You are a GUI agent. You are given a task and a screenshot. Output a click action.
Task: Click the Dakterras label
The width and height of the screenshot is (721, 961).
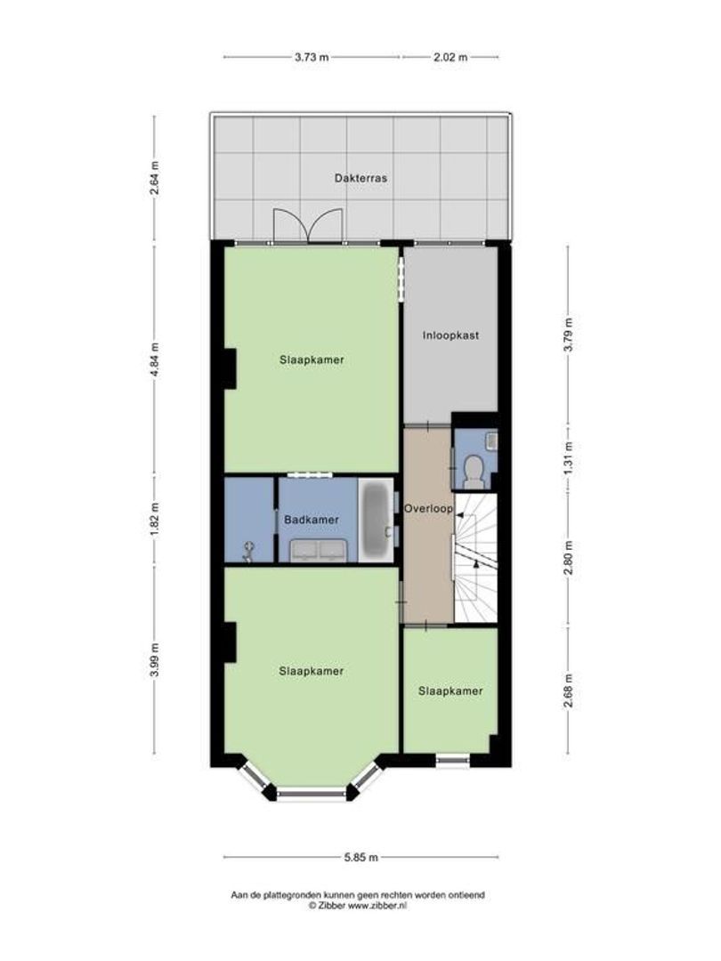coord(360,177)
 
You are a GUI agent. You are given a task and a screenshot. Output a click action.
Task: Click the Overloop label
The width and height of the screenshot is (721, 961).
coord(428,509)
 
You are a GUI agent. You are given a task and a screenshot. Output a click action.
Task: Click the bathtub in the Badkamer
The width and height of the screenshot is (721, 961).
coord(376,521)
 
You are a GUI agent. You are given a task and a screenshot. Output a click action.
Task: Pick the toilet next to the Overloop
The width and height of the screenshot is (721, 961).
coord(474,471)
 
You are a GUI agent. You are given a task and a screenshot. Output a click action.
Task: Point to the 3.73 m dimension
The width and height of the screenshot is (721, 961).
coord(312,57)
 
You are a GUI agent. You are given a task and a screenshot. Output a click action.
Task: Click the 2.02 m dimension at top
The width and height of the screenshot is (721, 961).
coord(449,57)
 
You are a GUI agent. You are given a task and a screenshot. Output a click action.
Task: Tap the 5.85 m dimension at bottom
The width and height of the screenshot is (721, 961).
coord(360,858)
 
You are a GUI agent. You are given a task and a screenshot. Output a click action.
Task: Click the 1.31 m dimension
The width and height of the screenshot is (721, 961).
coord(568,459)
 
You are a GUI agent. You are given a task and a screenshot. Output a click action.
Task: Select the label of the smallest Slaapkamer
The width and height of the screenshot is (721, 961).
coord(450,690)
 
